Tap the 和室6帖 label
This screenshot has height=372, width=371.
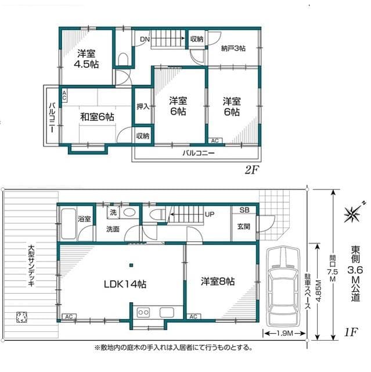click(x=89, y=117)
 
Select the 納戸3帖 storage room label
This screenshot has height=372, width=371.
click(x=233, y=48)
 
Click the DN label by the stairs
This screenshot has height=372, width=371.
click(x=145, y=40)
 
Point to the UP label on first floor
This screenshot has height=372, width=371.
click(x=210, y=214)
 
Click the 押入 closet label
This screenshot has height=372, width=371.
click(x=143, y=106)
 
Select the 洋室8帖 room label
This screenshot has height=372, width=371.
click(x=218, y=281)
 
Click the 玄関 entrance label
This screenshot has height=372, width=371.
click(x=243, y=226)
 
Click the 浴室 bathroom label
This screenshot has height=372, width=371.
click(x=84, y=219)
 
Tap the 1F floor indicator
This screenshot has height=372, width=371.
click(x=350, y=332)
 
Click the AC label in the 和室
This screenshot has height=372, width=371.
click(x=64, y=94)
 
